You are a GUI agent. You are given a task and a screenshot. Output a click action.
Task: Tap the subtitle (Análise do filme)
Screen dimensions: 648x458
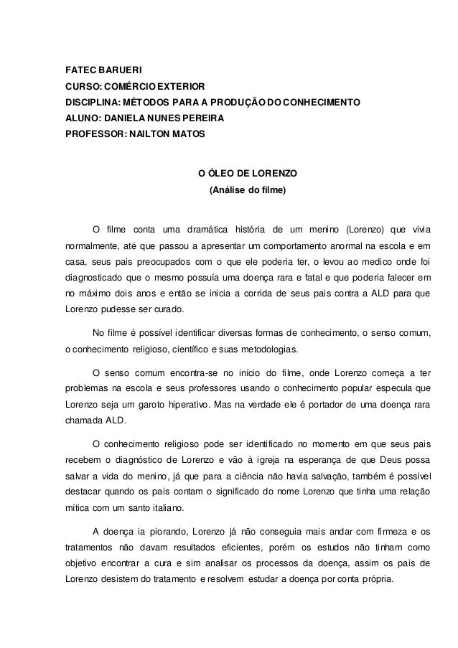click(246, 190)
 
